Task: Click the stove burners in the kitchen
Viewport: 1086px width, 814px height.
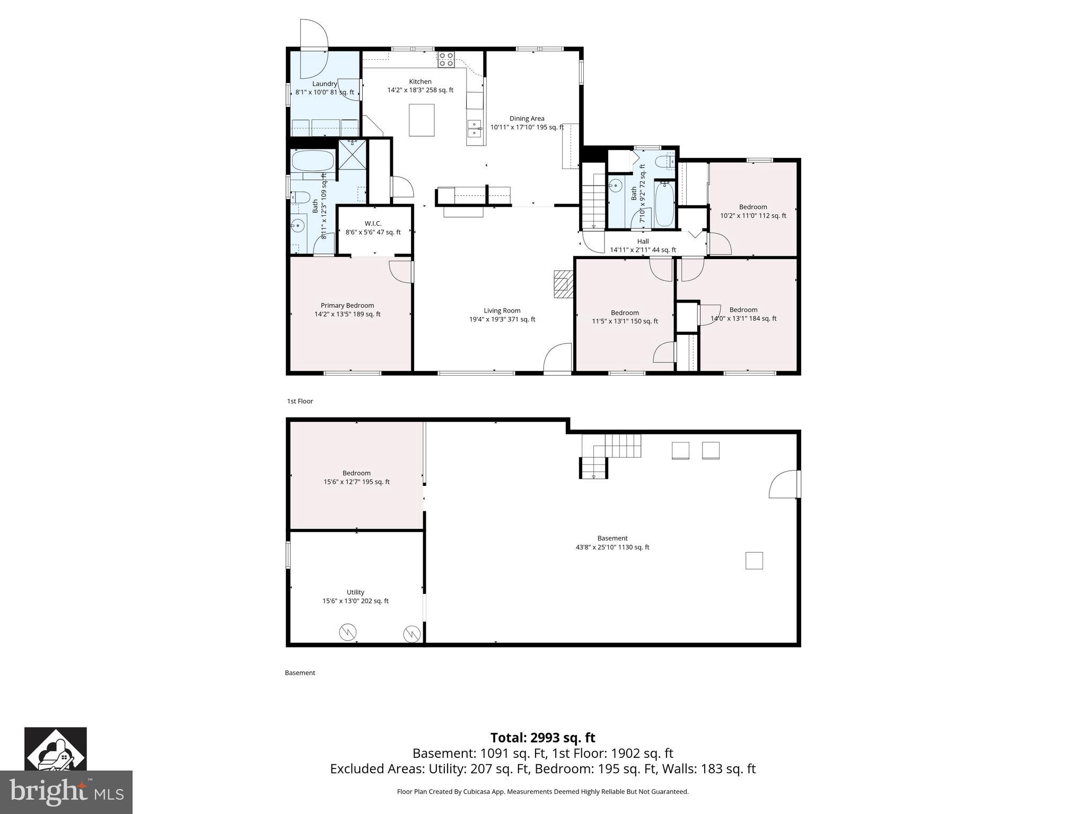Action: click(x=445, y=59)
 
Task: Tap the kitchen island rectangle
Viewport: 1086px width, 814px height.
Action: click(x=422, y=120)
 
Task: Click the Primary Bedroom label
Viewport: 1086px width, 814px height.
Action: click(x=347, y=309)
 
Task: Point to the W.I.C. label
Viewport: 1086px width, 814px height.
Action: click(x=373, y=227)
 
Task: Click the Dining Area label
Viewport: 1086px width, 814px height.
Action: click(x=527, y=122)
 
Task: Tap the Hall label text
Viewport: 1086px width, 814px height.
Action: click(x=643, y=245)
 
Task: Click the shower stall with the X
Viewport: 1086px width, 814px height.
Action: click(x=352, y=153)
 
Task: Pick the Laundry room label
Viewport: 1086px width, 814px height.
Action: click(x=325, y=87)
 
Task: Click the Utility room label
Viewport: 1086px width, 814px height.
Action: click(x=355, y=596)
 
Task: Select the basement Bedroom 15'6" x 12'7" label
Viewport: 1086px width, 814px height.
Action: click(x=356, y=477)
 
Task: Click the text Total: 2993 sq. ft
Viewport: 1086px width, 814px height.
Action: click(x=542, y=738)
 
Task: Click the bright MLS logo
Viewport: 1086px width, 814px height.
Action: click(x=66, y=792)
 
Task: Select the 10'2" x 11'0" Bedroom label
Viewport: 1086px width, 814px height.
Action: click(x=753, y=211)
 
